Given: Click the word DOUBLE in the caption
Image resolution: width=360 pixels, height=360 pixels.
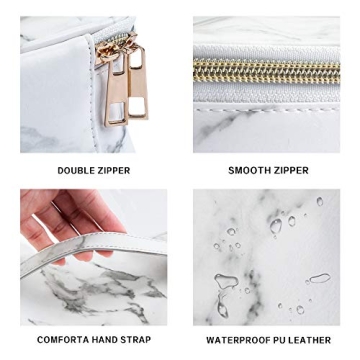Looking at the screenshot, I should point(75,171).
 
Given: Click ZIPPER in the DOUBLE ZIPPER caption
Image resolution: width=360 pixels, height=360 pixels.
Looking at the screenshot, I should point(112,171).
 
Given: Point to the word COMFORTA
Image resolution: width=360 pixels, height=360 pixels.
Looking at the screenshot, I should point(61,340).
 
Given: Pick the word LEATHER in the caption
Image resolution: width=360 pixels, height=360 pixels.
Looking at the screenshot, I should point(310,340).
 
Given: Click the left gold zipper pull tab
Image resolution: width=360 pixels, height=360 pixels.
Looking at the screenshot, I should point(112,95).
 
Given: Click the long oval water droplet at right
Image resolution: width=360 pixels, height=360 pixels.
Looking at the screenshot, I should point(318,279).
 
